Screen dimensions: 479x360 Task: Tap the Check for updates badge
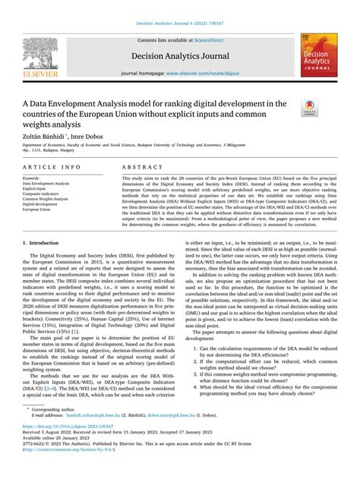(x=311, y=109)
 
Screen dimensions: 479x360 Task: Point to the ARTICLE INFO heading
(x=50, y=165)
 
